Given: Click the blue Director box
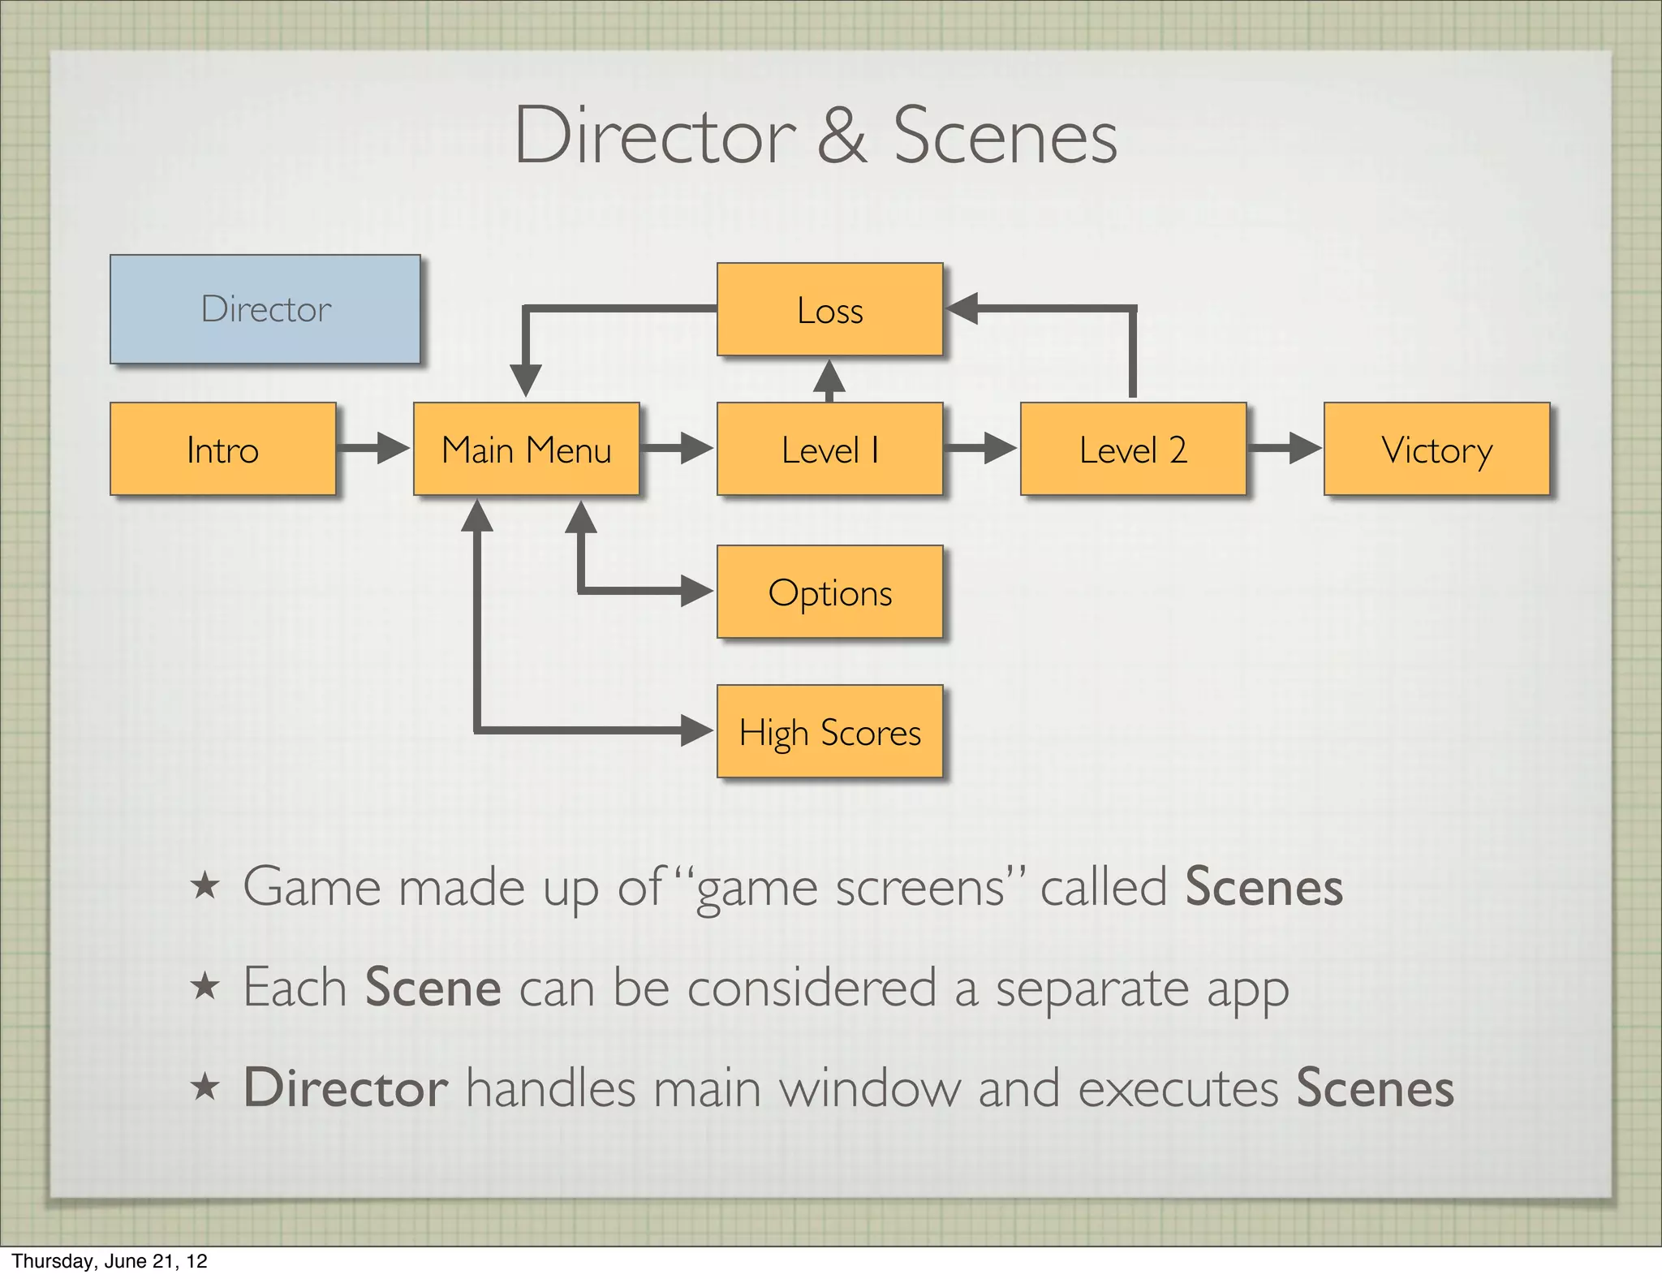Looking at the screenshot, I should tap(265, 309).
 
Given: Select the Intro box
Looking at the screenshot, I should tap(223, 449).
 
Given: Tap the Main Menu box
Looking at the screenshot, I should tap(527, 449).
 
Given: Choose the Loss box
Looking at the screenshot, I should tap(829, 309).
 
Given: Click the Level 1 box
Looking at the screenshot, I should tap(829, 449).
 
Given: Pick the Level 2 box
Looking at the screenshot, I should tap(1133, 449).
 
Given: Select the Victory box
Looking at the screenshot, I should tap(1436, 449).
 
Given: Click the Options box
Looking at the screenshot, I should tap(829, 592).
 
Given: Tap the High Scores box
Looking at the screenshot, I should tap(829, 731).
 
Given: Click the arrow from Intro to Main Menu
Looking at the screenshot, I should tap(373, 448).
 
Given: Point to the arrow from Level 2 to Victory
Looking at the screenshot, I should tap(1285, 448).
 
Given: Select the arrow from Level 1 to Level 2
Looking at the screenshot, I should tap(980, 448).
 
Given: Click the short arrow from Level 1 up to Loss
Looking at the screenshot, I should tap(829, 380).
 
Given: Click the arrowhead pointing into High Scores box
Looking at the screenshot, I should tap(696, 730).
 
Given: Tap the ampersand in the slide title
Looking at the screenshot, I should tap(842, 136).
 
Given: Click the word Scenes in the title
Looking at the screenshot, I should tap(1005, 136).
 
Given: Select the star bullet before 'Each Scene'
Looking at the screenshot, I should tap(205, 986).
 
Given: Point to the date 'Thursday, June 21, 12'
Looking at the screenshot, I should tap(110, 1260).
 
